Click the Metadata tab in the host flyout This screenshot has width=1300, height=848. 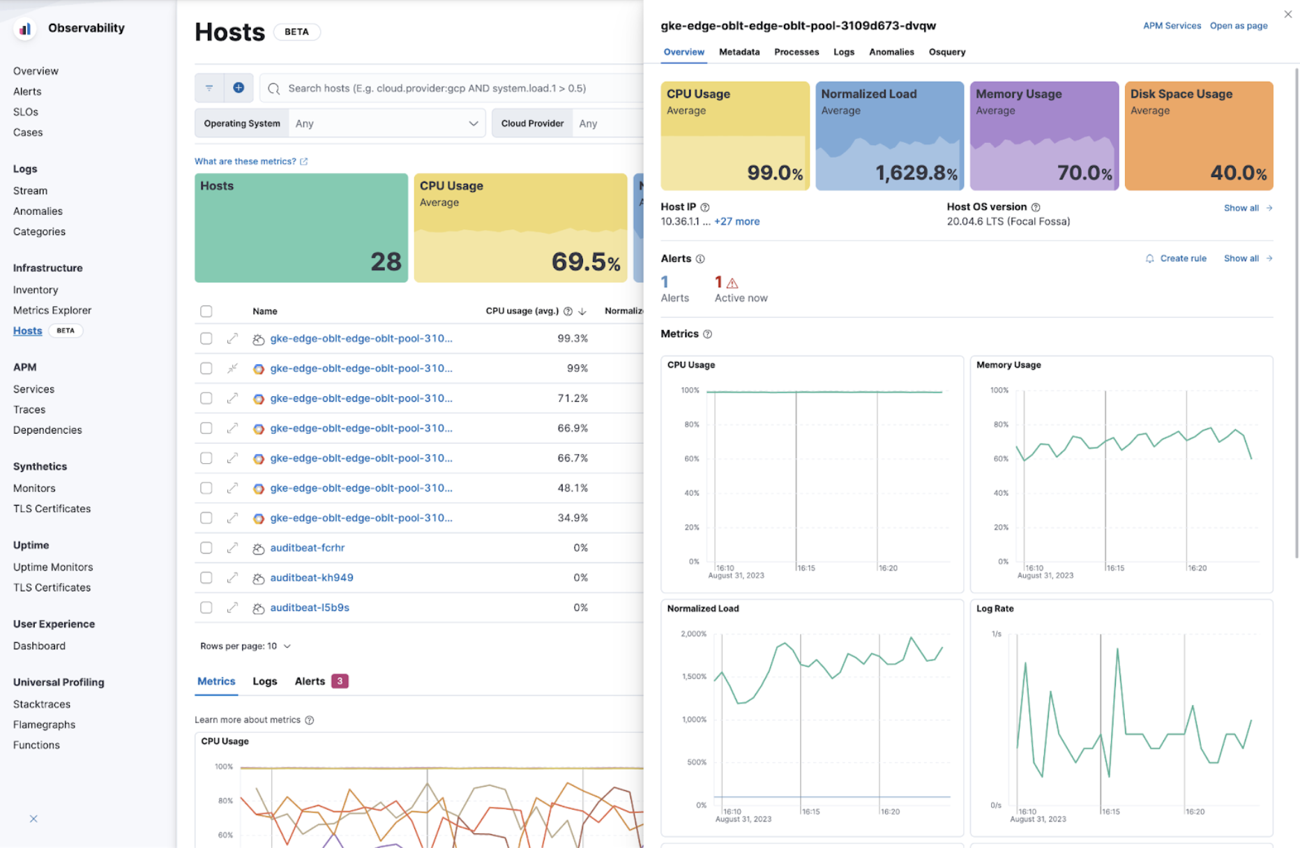click(739, 52)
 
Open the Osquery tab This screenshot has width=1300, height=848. click(946, 52)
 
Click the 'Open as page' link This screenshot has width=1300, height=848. click(1238, 26)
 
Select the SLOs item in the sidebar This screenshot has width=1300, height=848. click(26, 112)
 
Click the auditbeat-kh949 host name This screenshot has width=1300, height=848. click(311, 577)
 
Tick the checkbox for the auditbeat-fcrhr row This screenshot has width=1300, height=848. click(206, 547)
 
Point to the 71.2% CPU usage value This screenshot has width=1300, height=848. click(572, 398)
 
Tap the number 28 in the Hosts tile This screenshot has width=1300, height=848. click(385, 262)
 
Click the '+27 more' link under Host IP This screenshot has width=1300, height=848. click(736, 222)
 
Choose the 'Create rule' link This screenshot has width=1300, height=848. click(1182, 258)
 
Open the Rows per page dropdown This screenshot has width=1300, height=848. click(245, 646)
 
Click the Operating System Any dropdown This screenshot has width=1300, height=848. click(386, 123)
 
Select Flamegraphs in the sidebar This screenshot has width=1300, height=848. click(44, 725)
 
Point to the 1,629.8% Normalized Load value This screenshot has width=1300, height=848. click(915, 173)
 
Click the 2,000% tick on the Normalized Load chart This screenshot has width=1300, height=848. click(693, 634)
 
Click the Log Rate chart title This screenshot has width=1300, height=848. click(995, 609)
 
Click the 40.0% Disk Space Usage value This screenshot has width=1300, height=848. click(1237, 173)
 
